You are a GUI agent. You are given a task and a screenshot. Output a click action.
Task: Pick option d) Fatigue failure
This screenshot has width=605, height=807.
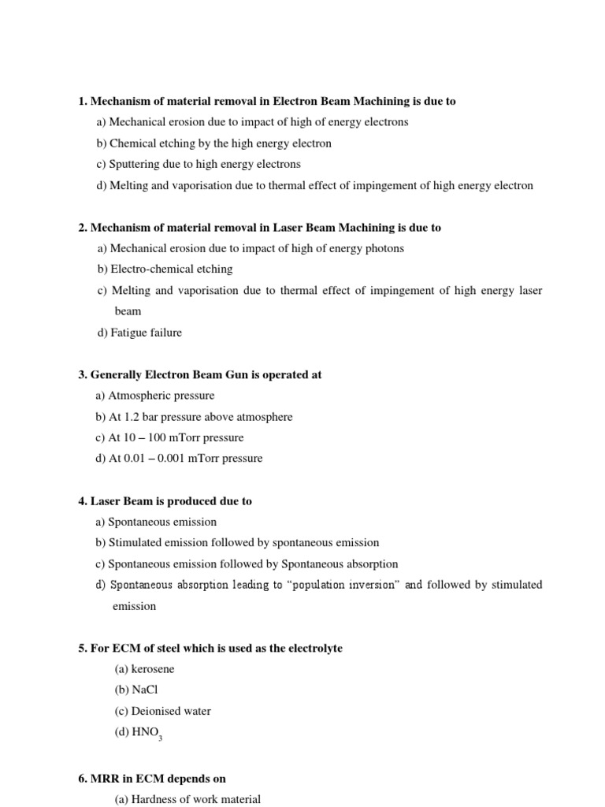coord(139,333)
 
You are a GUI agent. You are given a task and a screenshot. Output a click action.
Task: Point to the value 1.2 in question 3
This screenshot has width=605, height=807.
coord(132,417)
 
